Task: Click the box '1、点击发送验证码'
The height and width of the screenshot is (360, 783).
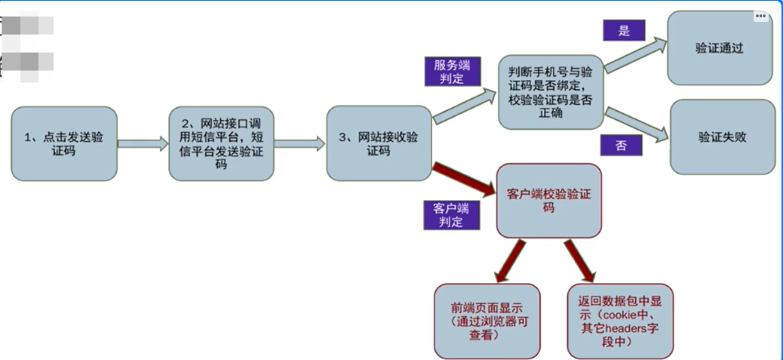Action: click(x=63, y=143)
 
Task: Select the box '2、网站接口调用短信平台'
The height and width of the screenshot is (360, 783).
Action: click(x=221, y=143)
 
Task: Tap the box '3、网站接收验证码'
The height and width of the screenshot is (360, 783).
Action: click(x=378, y=143)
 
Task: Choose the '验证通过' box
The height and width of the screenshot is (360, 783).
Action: click(x=719, y=48)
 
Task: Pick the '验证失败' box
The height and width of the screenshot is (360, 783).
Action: click(x=722, y=137)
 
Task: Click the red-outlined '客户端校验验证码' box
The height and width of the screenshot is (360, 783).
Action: click(x=548, y=200)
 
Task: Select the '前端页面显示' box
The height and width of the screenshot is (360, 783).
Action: click(x=487, y=321)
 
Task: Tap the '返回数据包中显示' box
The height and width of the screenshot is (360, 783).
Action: click(x=620, y=321)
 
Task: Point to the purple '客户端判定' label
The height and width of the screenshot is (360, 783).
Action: click(x=451, y=214)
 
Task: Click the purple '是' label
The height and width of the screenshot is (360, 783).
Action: click(x=622, y=29)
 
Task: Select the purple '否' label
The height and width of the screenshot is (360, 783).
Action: click(x=621, y=145)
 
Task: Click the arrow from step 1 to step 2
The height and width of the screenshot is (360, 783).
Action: click(x=143, y=143)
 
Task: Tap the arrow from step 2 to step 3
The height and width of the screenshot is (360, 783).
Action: click(x=299, y=143)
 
